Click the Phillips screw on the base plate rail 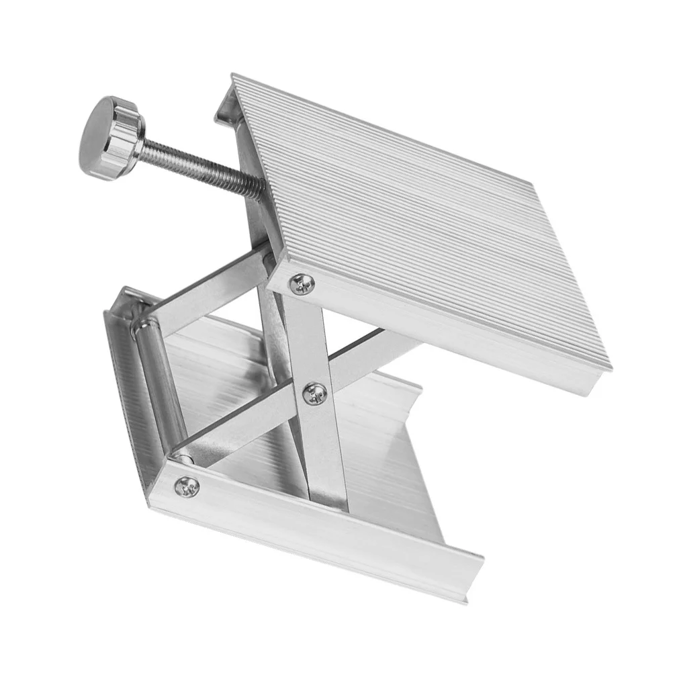click(x=187, y=484)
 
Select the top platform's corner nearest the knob click(x=233, y=77)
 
